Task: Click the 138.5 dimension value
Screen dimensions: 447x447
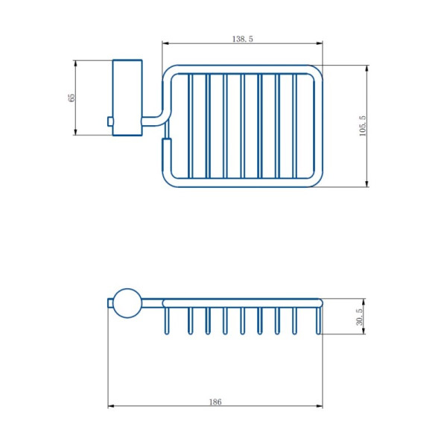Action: (x=243, y=39)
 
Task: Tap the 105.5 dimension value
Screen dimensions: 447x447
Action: (x=363, y=126)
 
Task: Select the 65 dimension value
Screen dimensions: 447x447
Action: (x=72, y=97)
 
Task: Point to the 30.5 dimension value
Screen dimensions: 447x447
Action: (x=360, y=317)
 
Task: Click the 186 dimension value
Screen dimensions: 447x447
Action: (x=215, y=402)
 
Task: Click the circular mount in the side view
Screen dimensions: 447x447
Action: (x=127, y=303)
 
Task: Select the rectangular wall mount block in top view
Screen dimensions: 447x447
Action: (x=127, y=98)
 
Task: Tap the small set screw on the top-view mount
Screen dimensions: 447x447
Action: (x=110, y=121)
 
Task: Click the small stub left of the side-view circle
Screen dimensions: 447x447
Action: (x=110, y=303)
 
